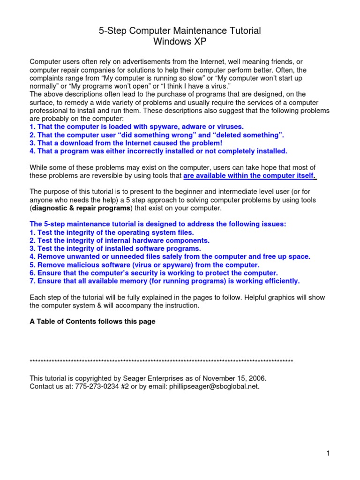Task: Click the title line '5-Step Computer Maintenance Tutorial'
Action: [180, 31]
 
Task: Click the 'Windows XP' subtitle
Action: [180, 41]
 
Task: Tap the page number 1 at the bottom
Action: [329, 453]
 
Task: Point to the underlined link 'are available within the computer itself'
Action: [250, 176]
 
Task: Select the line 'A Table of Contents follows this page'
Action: [92, 322]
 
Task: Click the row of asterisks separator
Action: [161, 361]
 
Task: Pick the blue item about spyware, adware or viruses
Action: [136, 127]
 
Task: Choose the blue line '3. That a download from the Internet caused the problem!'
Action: [126, 143]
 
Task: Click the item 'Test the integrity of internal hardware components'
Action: [120, 240]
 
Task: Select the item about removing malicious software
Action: [144, 265]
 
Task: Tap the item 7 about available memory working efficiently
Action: [165, 281]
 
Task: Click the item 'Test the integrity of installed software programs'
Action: [115, 248]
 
